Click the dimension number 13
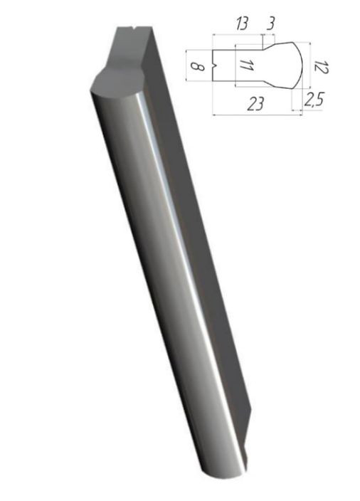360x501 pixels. point(241,23)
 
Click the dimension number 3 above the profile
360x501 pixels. point(270,23)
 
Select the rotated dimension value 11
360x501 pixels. point(247,65)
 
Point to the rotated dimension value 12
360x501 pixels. point(320,67)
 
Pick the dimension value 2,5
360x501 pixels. point(314,99)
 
